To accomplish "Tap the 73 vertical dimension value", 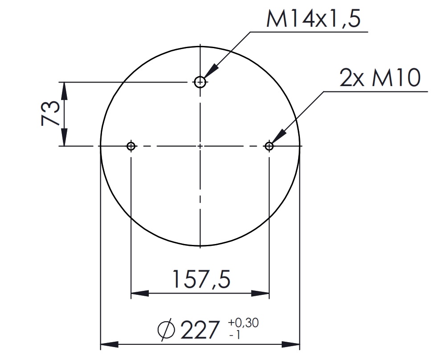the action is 50,113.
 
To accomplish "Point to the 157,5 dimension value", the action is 201,279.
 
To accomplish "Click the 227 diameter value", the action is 200,330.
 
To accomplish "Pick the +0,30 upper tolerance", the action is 243,323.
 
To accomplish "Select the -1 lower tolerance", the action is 235,334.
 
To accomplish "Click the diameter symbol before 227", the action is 166,330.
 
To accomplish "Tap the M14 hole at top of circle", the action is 200,82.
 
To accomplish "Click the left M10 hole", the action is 131,146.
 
